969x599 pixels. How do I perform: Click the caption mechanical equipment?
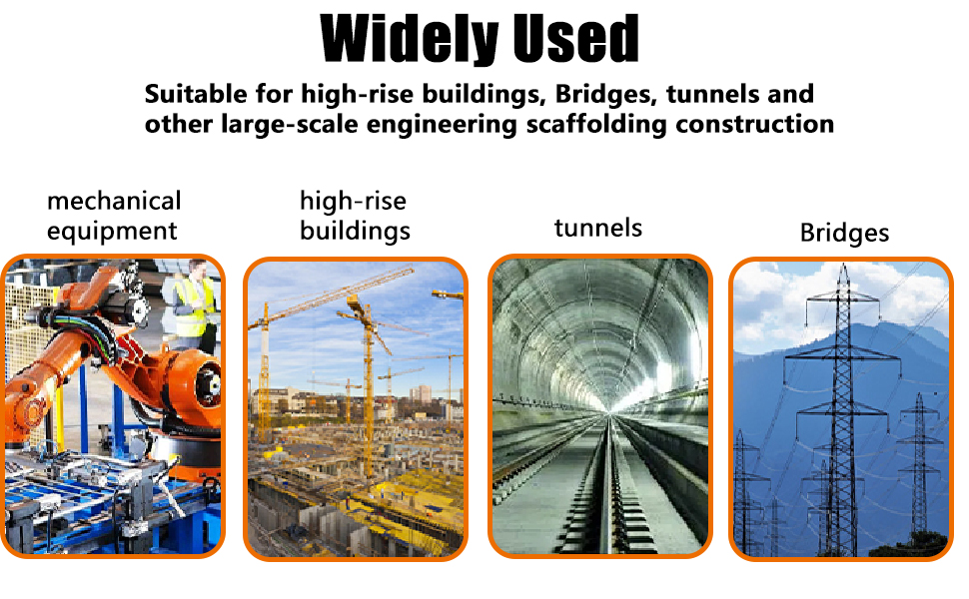[x=113, y=216]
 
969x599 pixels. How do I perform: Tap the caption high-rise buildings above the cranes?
[x=355, y=216]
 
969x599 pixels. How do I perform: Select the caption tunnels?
[x=597, y=228]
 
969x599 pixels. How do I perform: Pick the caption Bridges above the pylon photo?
[x=844, y=234]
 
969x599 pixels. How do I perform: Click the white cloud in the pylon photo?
[x=789, y=299]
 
